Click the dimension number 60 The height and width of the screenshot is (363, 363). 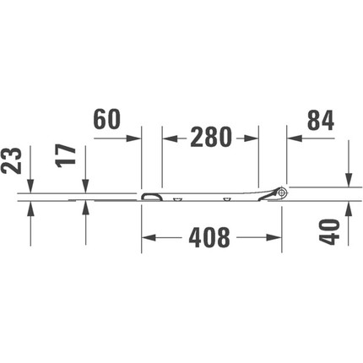tap(107, 119)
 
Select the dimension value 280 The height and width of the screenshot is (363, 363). tap(211, 138)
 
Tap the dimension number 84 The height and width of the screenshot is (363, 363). tap(321, 121)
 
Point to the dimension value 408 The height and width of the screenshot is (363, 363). tap(209, 238)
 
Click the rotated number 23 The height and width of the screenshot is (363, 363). tap(12, 160)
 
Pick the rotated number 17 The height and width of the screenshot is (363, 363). tap(67, 156)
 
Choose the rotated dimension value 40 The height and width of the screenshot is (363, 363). tap(329, 231)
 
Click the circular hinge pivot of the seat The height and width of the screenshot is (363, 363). tap(282, 192)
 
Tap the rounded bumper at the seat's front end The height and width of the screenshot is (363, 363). tap(152, 197)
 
